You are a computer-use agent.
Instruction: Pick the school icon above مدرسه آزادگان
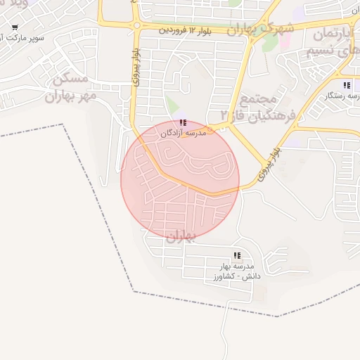click(184, 123)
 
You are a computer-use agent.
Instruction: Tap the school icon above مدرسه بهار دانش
click(237, 256)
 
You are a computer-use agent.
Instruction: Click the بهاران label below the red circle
click(180, 238)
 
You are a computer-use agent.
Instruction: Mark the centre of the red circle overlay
click(180, 179)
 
